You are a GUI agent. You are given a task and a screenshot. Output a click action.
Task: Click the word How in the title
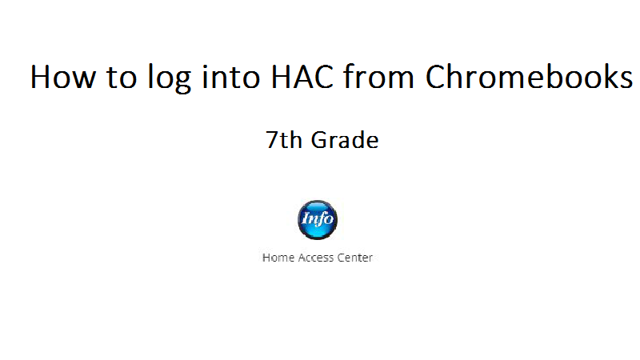(63, 77)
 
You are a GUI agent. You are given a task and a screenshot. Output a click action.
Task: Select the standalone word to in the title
(122, 78)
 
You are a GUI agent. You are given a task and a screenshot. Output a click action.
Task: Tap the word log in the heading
(170, 78)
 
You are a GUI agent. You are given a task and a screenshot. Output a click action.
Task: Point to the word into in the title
(231, 77)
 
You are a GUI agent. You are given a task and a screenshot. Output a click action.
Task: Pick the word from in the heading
(378, 76)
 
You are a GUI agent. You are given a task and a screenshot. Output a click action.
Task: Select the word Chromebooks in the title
(529, 76)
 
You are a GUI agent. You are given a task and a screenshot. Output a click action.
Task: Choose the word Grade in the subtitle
(345, 140)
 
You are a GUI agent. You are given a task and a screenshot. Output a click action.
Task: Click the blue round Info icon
(318, 219)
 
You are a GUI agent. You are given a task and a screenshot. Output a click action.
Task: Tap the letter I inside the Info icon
(306, 219)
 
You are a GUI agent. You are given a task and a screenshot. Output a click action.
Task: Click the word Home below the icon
(278, 258)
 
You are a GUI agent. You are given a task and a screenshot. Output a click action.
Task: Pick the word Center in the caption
(354, 258)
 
